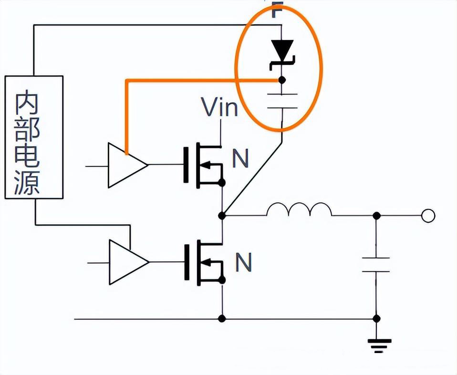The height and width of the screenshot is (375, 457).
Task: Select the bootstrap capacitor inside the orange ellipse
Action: [x=282, y=101]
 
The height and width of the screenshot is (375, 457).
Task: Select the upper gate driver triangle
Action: [x=125, y=165]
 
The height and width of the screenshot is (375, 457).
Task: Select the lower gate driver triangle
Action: [x=127, y=261]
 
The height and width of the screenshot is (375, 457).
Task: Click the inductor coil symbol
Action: [x=299, y=210]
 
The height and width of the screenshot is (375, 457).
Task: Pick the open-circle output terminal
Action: [x=428, y=216]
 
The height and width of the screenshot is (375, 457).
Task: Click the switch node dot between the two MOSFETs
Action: [x=221, y=216]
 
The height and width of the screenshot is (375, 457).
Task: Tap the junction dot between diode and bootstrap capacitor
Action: [x=282, y=80]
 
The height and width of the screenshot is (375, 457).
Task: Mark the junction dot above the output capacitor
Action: [x=376, y=216]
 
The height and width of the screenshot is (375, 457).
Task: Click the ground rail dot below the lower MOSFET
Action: [x=221, y=318]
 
